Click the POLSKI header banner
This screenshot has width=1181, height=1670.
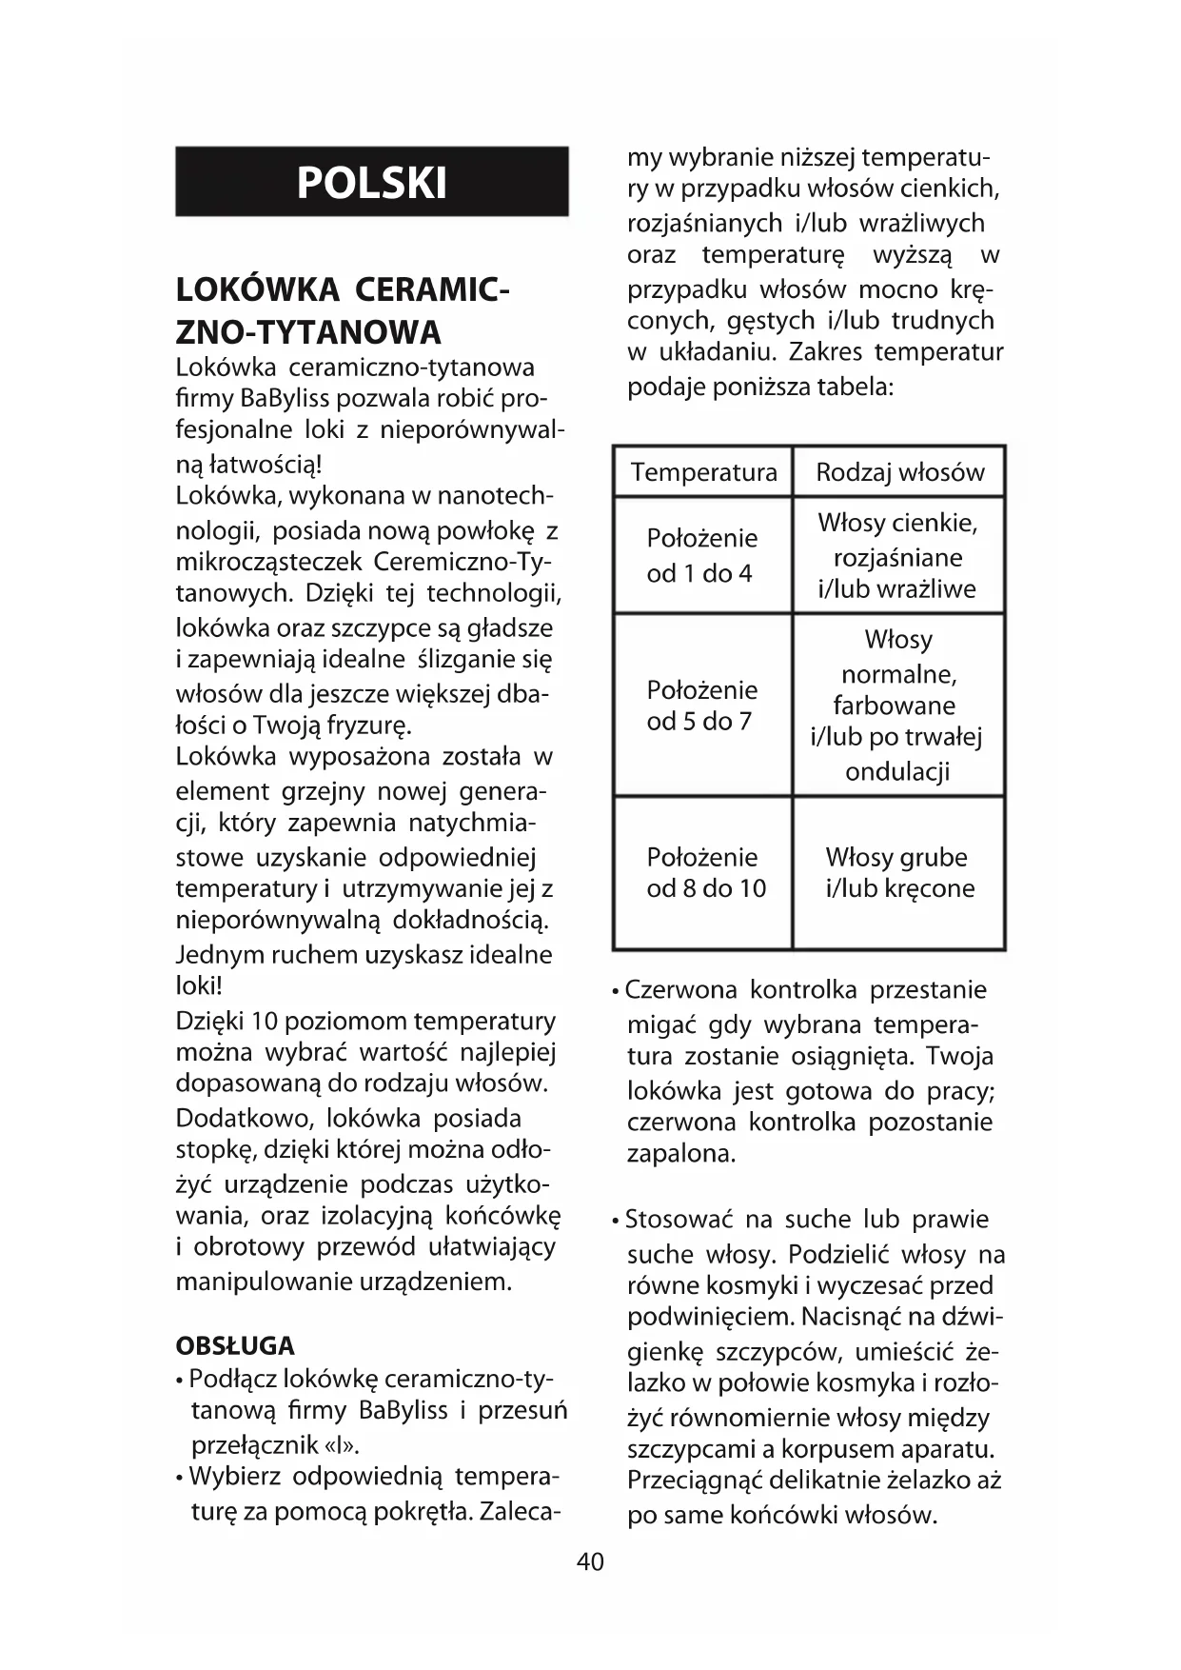tap(371, 182)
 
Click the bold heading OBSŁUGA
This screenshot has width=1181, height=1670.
tap(235, 1345)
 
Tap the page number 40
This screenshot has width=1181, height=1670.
tap(590, 1561)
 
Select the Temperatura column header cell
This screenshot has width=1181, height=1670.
tap(703, 472)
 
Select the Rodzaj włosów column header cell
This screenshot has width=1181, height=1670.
tap(899, 472)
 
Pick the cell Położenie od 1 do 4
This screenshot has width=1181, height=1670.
tap(702, 555)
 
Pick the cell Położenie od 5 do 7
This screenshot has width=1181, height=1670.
tap(702, 706)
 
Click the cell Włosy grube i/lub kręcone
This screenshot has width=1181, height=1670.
tap(899, 872)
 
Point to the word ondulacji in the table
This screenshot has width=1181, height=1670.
tap(897, 771)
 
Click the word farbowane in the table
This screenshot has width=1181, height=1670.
tap(895, 706)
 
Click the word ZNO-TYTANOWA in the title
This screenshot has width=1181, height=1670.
tap(309, 332)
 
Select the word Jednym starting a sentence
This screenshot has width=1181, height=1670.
tap(221, 954)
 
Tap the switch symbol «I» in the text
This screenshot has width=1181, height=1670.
tap(344, 1445)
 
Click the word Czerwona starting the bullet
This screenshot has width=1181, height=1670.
tap(681, 990)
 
